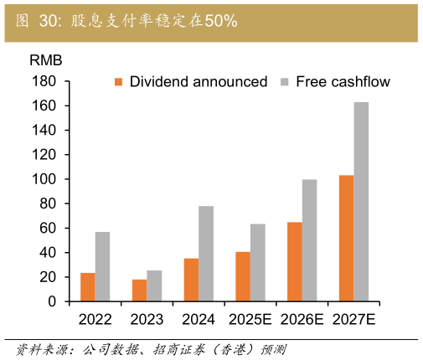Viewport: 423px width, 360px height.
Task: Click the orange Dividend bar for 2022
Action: point(87,287)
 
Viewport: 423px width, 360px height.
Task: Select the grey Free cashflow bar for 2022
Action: point(102,266)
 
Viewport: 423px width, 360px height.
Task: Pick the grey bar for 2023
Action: point(154,285)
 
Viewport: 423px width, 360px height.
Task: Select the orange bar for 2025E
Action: point(242,276)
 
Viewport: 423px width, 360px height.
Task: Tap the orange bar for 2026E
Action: point(294,261)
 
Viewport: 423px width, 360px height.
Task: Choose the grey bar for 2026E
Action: point(309,240)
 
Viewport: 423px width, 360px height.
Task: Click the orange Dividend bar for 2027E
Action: point(346,238)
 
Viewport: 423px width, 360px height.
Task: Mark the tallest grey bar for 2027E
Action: point(361,202)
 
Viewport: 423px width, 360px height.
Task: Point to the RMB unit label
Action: point(45,61)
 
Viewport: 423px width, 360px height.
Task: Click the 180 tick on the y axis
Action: point(44,82)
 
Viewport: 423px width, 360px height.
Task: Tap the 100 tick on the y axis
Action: point(44,179)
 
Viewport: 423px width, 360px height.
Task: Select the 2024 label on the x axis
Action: point(199,319)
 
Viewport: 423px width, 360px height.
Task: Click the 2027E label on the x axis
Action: point(353,319)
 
